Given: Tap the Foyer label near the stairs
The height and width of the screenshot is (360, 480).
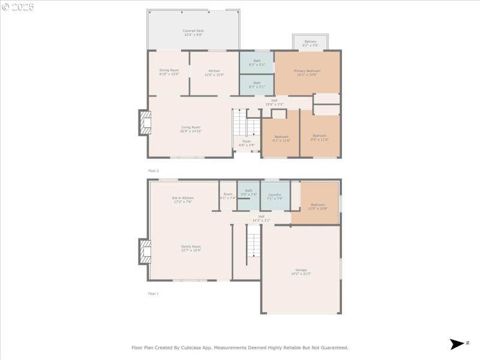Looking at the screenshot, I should [x=247, y=143].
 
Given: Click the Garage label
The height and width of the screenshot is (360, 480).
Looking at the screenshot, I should [x=301, y=271].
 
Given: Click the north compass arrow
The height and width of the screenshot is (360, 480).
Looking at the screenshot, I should [x=457, y=344].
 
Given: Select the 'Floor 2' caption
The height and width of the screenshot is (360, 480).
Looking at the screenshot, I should [x=154, y=171].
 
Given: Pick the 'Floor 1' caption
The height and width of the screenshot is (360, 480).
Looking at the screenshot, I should [x=154, y=293].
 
